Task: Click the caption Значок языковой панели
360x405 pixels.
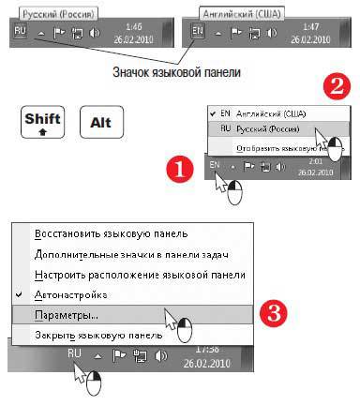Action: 174,70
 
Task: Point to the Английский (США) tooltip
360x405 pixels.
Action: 242,12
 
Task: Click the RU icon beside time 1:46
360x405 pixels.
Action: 22,30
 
